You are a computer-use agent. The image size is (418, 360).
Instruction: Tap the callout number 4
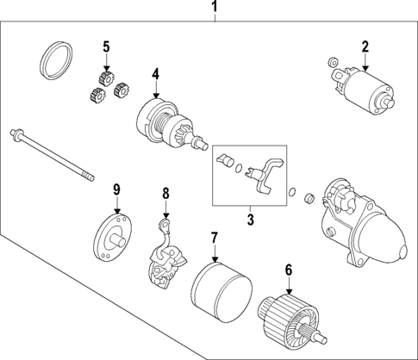pyautogui.click(x=156, y=75)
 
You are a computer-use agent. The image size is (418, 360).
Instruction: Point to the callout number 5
pyautogui.click(x=107, y=46)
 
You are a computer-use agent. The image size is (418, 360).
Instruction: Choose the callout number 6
pyautogui.click(x=287, y=270)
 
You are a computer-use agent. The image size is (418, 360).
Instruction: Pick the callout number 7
pyautogui.click(x=214, y=235)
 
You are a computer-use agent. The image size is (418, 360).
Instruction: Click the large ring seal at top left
pyautogui.click(x=56, y=61)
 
